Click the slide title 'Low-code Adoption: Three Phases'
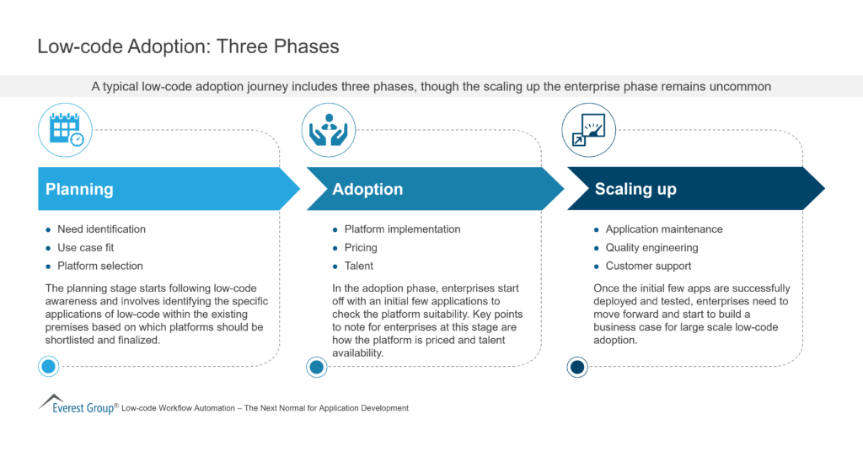(188, 46)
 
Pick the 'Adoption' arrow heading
(367, 189)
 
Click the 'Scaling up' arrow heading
(635, 189)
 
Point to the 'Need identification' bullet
(101, 229)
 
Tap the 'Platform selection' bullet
(99, 266)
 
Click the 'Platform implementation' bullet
(402, 229)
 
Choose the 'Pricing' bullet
(361, 248)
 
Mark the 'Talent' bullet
(358, 266)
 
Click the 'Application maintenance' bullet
(663, 229)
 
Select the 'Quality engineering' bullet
(651, 248)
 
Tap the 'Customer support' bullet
(648, 266)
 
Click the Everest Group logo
(77, 406)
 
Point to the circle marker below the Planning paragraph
(49, 366)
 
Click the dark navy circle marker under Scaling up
(576, 366)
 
